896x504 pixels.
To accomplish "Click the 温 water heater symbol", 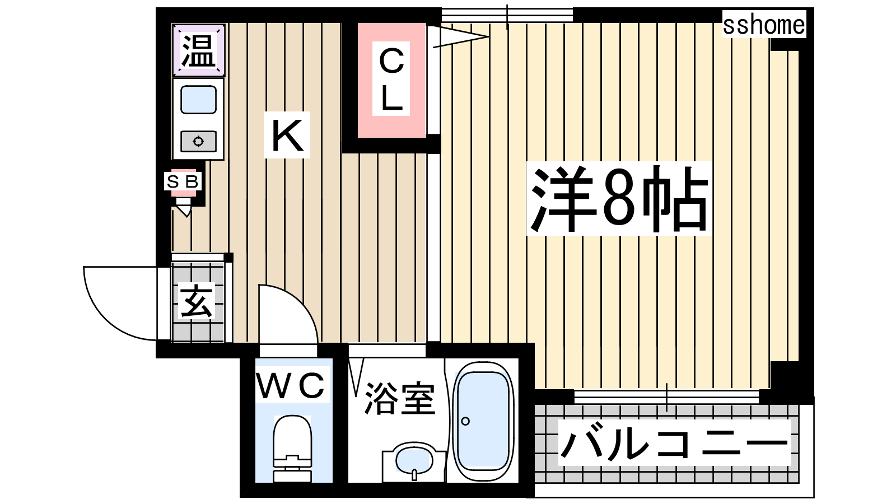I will pos(198,50).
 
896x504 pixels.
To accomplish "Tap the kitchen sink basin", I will pos(198,100).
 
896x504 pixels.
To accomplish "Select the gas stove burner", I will pos(198,141).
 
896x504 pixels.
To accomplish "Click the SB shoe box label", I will pos(183,181).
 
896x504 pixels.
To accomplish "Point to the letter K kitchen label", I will pos(287,136).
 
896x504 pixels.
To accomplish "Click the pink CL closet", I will pos(391,80).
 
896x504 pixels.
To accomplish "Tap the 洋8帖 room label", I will pos(619,198).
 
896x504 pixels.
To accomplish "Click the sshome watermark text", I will pos(763,25).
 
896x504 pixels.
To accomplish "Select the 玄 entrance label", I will pos(196,302).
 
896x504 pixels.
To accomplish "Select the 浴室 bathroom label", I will pos(400,399).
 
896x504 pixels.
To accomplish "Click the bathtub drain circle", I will pos(465,421).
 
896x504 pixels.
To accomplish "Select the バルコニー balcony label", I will pos(674,442).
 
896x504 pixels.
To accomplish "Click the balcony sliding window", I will pos(666,396).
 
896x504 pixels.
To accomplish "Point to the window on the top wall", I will pos(507,15).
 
